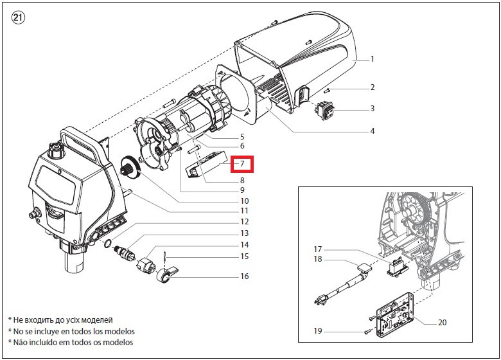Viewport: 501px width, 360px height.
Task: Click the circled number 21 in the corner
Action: pos(18,18)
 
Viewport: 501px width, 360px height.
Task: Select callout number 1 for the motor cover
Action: pos(372,59)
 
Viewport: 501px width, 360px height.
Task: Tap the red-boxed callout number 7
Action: pos(242,164)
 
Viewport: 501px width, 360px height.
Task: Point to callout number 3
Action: pos(373,109)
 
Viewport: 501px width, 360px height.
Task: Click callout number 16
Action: pos(245,276)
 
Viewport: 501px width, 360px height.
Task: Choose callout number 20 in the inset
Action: pos(442,323)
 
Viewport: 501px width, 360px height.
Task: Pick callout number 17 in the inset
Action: pos(317,249)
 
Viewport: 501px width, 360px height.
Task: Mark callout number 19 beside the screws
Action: pos(317,331)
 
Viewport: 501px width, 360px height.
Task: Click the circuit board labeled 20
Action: pos(394,314)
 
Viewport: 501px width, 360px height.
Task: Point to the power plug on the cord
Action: pos(322,300)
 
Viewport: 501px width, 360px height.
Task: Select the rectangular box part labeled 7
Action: pos(207,165)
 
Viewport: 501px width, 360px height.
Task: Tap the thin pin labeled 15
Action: pos(164,256)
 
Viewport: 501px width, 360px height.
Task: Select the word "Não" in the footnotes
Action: pos(19,342)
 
